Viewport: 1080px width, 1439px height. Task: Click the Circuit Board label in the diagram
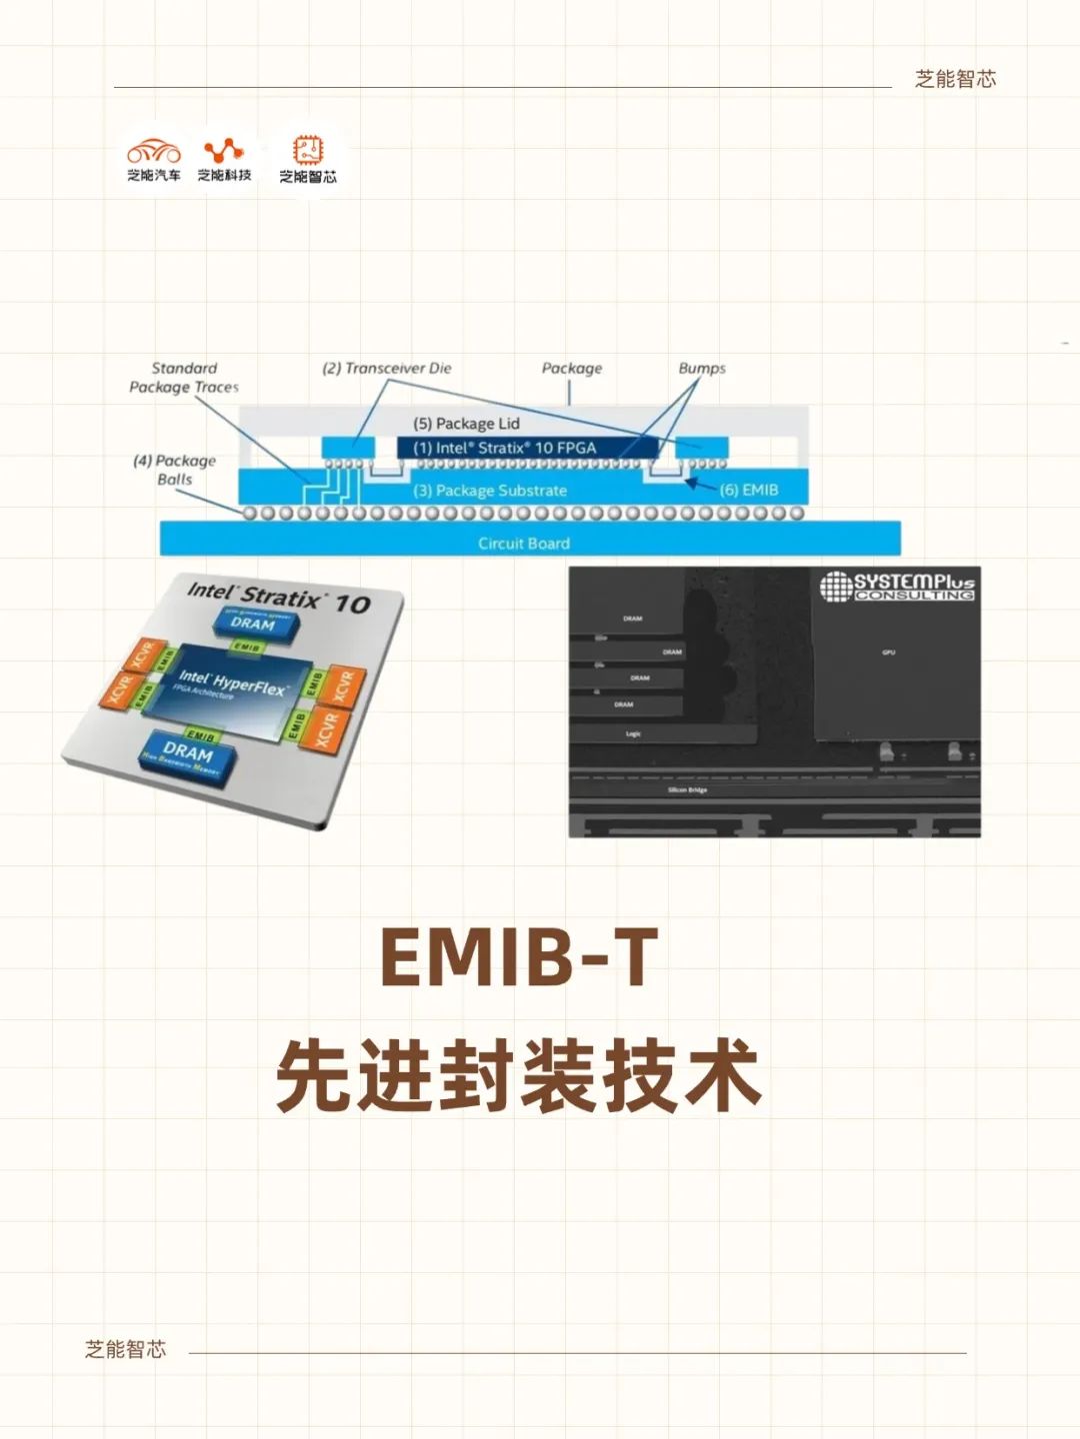click(523, 544)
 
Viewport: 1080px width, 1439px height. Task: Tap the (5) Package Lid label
click(466, 424)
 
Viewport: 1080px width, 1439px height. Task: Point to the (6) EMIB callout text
click(748, 490)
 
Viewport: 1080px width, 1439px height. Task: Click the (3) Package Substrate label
click(490, 491)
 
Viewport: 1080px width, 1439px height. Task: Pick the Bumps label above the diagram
click(702, 368)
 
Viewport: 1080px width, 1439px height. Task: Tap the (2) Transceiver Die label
click(386, 368)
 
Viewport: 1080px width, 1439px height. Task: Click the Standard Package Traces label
click(184, 378)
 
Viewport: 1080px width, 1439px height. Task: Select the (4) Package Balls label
click(174, 470)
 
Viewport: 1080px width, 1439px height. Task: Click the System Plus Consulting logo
click(897, 586)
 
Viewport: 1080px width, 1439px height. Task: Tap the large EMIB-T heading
click(519, 957)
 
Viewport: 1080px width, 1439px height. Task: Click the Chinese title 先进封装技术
click(519, 1076)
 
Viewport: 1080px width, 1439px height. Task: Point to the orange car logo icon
click(153, 152)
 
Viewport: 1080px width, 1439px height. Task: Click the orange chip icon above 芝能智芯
click(307, 151)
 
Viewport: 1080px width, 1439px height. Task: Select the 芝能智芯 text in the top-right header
click(955, 79)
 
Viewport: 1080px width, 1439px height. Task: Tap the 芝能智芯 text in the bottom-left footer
click(125, 1349)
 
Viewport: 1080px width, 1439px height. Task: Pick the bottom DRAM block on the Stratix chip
click(188, 752)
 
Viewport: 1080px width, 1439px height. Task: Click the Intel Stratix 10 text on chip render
click(278, 598)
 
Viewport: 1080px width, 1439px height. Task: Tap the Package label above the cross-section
click(572, 368)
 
